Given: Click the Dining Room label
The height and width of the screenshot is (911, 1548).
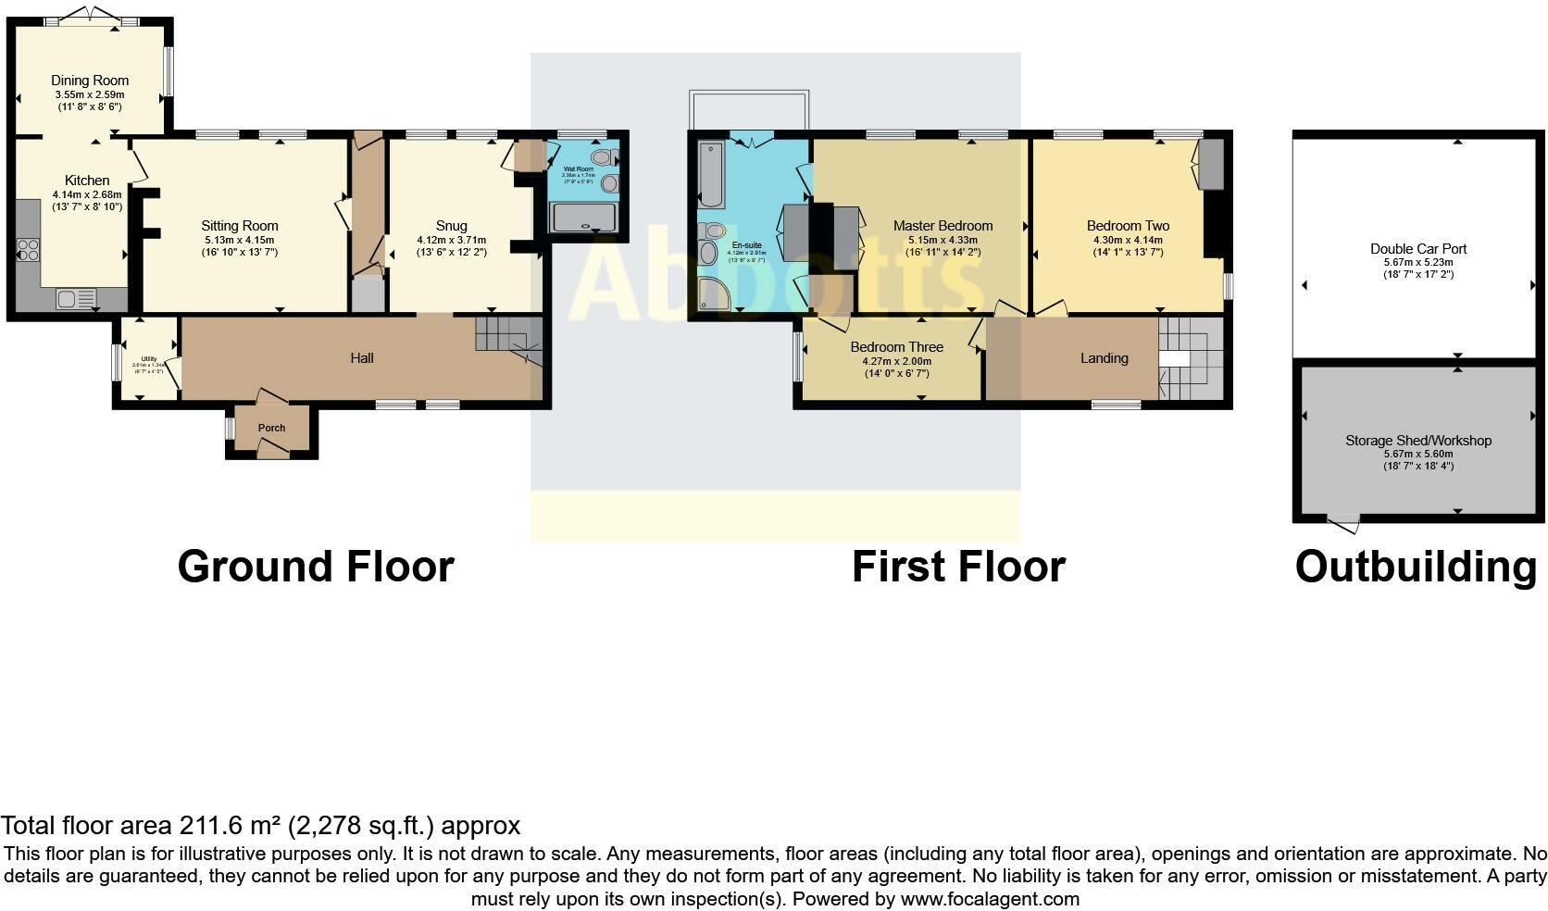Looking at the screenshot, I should click(x=90, y=81).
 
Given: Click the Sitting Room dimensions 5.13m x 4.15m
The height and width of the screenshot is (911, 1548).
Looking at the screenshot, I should click(x=239, y=240).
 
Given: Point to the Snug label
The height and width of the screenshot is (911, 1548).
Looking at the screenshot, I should click(x=451, y=225).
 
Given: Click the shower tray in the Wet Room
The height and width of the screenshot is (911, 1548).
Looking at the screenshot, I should click(x=583, y=218).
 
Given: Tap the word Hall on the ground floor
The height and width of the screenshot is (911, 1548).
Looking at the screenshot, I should click(x=361, y=358).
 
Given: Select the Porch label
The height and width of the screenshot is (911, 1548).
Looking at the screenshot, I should click(x=271, y=428).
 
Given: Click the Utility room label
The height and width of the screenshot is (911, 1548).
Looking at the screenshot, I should click(x=148, y=359).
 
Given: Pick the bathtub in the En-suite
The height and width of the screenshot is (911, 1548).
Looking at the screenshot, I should click(x=711, y=174).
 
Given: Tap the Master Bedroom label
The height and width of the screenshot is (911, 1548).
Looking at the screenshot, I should click(x=943, y=225).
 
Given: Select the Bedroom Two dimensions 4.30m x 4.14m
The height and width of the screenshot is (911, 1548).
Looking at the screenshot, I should click(x=1128, y=240).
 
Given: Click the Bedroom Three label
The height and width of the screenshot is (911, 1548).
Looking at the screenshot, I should click(x=896, y=347).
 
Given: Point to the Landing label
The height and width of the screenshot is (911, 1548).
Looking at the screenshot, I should click(x=1104, y=358).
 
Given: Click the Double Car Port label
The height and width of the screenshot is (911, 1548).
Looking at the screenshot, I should click(x=1418, y=248).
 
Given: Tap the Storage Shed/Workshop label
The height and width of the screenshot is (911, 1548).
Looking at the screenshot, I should click(x=1417, y=441).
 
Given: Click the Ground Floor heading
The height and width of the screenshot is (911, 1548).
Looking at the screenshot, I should click(x=315, y=567).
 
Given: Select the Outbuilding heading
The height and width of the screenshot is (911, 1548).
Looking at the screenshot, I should click(x=1415, y=567).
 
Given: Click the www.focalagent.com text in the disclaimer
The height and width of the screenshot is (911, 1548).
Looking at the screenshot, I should click(x=990, y=898).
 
